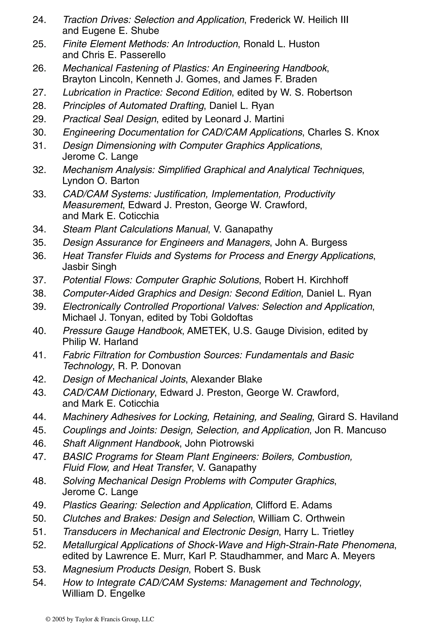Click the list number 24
(x=39, y=20)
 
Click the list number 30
(x=39, y=132)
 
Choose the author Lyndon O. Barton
(x=101, y=181)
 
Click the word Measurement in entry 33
(x=93, y=205)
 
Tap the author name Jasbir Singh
(x=89, y=267)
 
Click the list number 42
(x=39, y=379)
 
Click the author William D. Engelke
(x=104, y=594)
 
